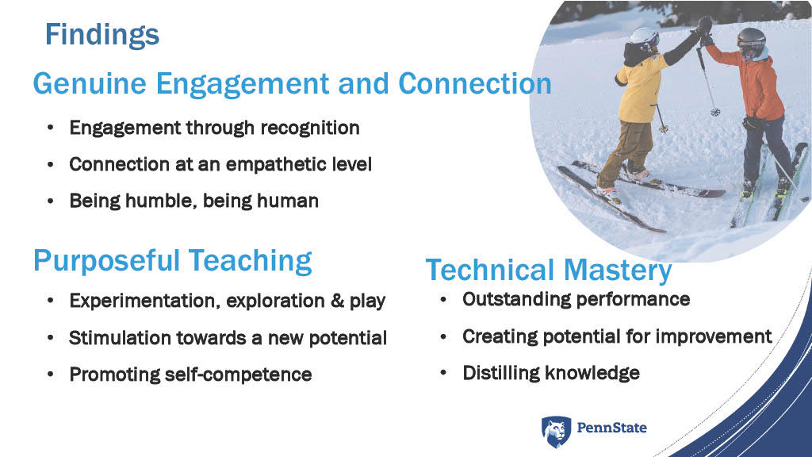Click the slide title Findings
[x=102, y=35]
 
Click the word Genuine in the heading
[x=90, y=84]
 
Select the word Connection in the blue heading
[x=475, y=83]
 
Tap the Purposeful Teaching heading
[x=172, y=260]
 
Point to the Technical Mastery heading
[x=549, y=271]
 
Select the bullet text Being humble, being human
[x=193, y=201]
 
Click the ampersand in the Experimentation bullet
[x=337, y=301]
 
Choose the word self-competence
[x=238, y=374]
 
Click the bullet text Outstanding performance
[x=576, y=299]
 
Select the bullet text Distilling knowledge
[x=551, y=373]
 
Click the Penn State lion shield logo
[x=557, y=431]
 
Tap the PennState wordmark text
[x=611, y=428]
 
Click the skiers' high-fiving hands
[x=704, y=29]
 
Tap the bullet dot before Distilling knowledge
[x=443, y=373]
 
